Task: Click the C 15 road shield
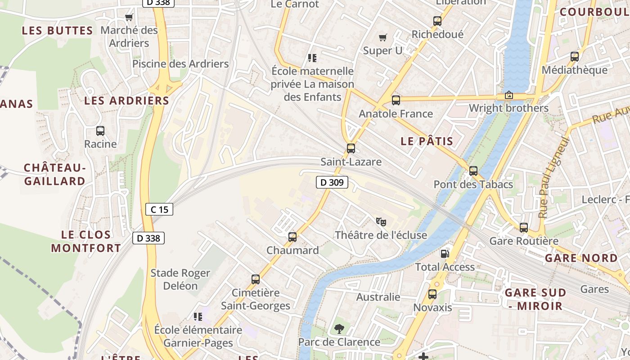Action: [159, 209]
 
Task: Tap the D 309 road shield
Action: [332, 182]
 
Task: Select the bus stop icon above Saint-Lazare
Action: [351, 148]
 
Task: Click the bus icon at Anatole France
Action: [396, 100]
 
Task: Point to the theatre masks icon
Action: [381, 221]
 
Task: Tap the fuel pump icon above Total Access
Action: [445, 253]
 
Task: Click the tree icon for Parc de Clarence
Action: [339, 329]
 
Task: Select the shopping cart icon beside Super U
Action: [383, 38]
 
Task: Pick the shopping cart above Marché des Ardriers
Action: [129, 18]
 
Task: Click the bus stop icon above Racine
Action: [100, 131]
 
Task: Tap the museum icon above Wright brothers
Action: [509, 95]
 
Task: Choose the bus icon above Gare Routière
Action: [524, 228]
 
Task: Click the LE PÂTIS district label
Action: [427, 141]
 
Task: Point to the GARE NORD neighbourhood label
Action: [581, 258]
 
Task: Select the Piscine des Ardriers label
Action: [180, 64]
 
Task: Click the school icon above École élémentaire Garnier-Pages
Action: [198, 317]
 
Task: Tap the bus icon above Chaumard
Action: [292, 237]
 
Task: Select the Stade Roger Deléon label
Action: [180, 279]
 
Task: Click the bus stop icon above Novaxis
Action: [432, 295]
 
